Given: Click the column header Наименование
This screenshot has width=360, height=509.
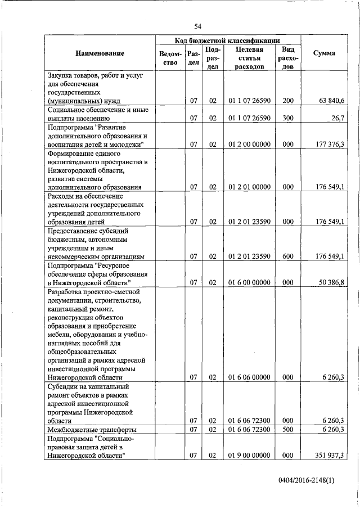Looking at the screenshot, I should (x=100, y=53).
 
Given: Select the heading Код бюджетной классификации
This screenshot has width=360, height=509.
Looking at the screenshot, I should (x=228, y=40).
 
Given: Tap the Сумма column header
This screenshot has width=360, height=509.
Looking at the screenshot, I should (x=325, y=53).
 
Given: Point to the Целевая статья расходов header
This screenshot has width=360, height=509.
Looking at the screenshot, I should (x=250, y=58).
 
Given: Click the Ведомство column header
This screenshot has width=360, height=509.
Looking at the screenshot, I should (x=170, y=58).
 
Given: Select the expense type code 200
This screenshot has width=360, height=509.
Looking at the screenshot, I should (x=288, y=101).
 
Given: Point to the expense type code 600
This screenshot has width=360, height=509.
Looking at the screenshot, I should (x=288, y=256).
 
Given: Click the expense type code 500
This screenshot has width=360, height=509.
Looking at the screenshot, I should (x=288, y=430).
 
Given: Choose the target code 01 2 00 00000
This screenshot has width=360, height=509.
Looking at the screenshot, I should (x=249, y=145).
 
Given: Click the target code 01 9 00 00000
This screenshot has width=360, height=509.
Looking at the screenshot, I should (x=249, y=455).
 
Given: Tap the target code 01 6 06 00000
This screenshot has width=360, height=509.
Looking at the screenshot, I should (x=249, y=377).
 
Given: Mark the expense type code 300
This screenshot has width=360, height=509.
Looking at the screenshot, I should (x=288, y=119).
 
